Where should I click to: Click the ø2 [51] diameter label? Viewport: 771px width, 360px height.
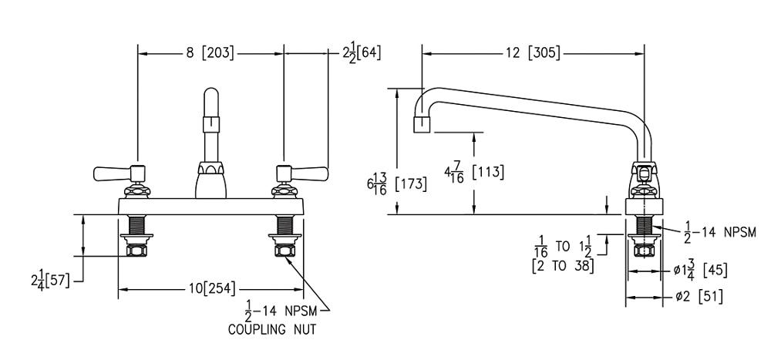699,296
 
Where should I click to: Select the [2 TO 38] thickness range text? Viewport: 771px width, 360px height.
566,265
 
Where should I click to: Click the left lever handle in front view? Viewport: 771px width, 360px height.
110,170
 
